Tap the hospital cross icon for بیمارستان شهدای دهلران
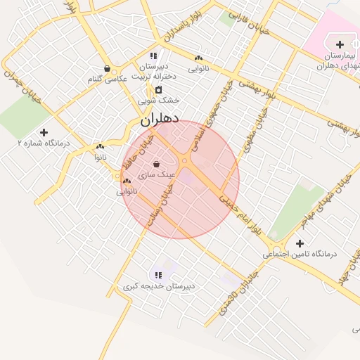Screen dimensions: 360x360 340,44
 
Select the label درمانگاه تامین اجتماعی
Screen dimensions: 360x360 300,253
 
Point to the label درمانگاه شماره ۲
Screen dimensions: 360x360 44,143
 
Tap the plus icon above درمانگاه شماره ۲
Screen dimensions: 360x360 44,131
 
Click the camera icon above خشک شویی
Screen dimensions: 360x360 159,89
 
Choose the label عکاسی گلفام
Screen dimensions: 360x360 107,79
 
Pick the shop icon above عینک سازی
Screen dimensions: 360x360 156,163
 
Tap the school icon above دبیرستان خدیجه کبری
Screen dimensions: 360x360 158,275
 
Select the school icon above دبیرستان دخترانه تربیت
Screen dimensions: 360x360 153,56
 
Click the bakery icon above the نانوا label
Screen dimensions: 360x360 100,148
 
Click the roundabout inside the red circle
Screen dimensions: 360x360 184,162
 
